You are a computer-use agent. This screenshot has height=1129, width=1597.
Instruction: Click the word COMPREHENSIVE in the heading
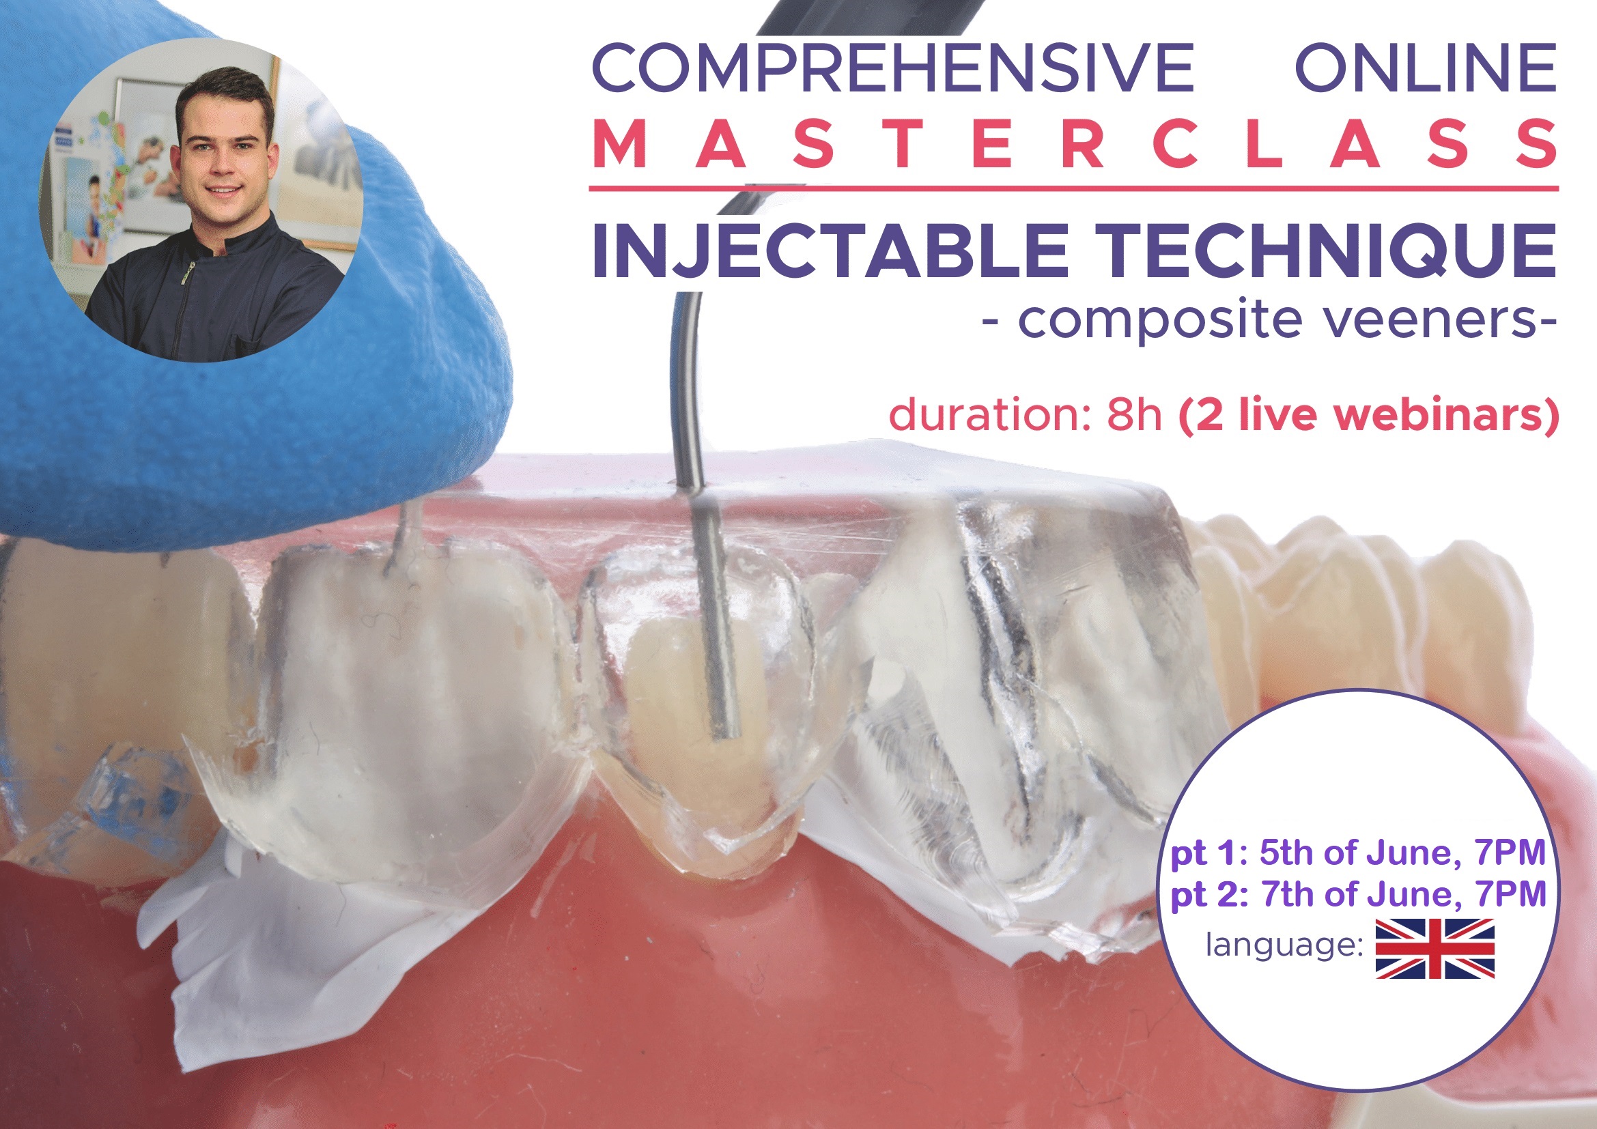[892, 68]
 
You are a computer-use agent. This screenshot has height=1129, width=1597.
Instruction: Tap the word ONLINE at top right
[1426, 68]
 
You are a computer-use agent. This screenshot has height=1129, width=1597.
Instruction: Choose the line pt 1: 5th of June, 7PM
[1358, 854]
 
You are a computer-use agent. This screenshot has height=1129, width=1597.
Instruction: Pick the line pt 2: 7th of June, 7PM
[1358, 895]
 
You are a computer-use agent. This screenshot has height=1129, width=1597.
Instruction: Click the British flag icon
[1435, 948]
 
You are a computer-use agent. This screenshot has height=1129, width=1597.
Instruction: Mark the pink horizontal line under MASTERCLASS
[1073, 188]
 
